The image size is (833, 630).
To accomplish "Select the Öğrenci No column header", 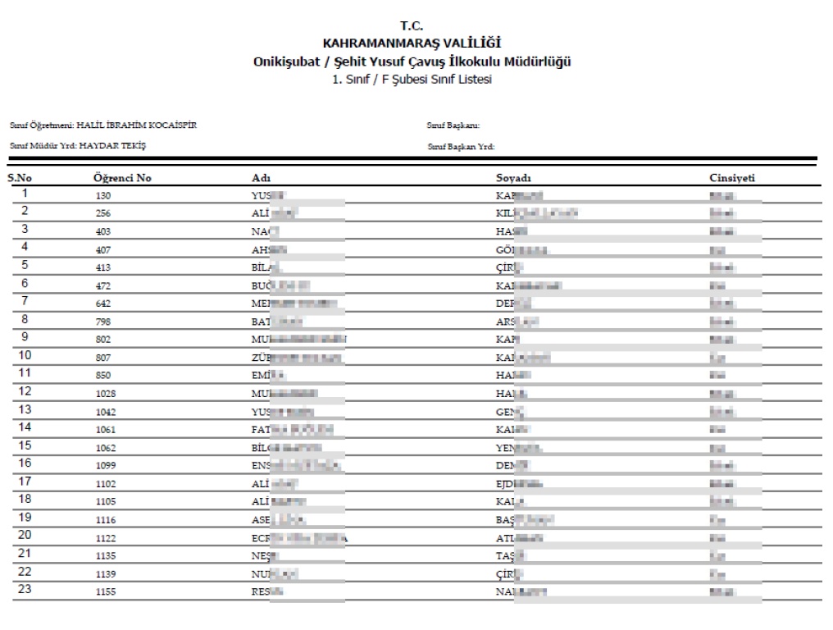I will coord(122,178).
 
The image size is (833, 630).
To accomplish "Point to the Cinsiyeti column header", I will coord(732,178).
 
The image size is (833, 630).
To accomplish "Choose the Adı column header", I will coord(262,178).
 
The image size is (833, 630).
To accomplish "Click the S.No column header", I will coord(20,178).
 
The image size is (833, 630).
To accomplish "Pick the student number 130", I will coord(102,196).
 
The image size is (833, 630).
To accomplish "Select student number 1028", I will coord(105,394).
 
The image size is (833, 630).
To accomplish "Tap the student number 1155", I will coord(105,591).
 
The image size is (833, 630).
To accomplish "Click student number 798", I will coord(102,322).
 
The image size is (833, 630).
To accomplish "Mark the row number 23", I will coord(25,590).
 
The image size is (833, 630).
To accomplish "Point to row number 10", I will coord(25,356).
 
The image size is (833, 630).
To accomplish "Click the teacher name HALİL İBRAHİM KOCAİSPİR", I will coord(136,126).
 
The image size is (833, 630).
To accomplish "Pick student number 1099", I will coord(105,466).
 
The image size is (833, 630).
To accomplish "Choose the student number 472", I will coord(102,285).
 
